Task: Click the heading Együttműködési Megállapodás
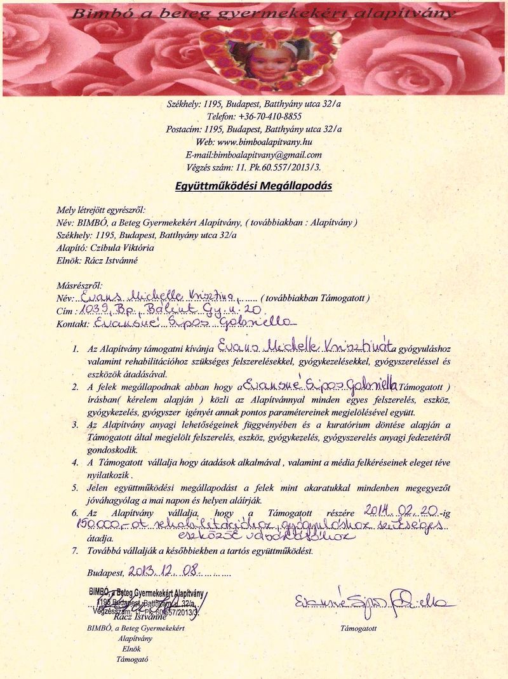pos(253,186)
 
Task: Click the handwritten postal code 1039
pos(93,309)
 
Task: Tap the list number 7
pos(74,551)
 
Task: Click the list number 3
pos(74,424)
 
